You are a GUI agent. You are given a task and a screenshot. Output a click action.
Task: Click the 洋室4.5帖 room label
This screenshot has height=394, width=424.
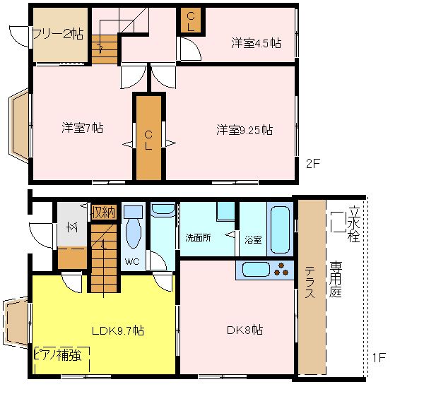pos(256,43)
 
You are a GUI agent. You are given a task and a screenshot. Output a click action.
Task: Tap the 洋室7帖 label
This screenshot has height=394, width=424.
pos(83,128)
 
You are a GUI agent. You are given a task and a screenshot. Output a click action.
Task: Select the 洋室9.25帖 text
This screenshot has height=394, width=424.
pos(245,130)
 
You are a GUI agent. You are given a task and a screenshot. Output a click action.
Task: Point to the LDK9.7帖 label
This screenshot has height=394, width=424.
pos(118,330)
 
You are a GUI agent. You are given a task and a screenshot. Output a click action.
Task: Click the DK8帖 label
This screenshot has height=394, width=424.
pos(245,330)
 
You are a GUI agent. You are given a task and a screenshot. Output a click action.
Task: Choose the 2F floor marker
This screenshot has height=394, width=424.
pos(313,164)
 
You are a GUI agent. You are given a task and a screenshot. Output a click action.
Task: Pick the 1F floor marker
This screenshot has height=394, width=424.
pos(379,357)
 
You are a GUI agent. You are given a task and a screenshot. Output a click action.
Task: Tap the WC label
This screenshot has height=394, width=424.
pos(132,261)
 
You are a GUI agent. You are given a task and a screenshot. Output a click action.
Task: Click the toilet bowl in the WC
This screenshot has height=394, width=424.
pos(134,233)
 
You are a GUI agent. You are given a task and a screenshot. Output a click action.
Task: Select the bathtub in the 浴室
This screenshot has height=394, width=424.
pos(280,229)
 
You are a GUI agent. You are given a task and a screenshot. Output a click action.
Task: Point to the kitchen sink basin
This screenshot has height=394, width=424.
pos(256,270)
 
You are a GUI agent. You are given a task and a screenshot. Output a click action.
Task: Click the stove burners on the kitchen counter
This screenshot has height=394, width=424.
pos(281,269)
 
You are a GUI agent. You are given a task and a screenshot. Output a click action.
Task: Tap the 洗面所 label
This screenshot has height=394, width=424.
pos(198,238)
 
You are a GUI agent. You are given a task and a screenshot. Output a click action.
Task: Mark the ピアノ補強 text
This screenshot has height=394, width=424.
pos(58,355)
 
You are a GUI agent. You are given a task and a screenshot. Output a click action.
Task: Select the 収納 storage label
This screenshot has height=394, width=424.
pos(104,213)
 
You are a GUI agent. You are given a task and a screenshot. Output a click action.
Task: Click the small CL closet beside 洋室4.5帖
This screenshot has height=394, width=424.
pos(191,21)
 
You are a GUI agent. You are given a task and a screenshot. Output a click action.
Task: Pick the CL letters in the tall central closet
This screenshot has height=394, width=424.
pos(148,140)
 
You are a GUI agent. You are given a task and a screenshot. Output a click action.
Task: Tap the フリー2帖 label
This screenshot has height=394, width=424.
pos(58,33)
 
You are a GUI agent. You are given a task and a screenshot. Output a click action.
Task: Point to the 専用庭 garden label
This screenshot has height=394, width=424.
pos(336,279)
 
